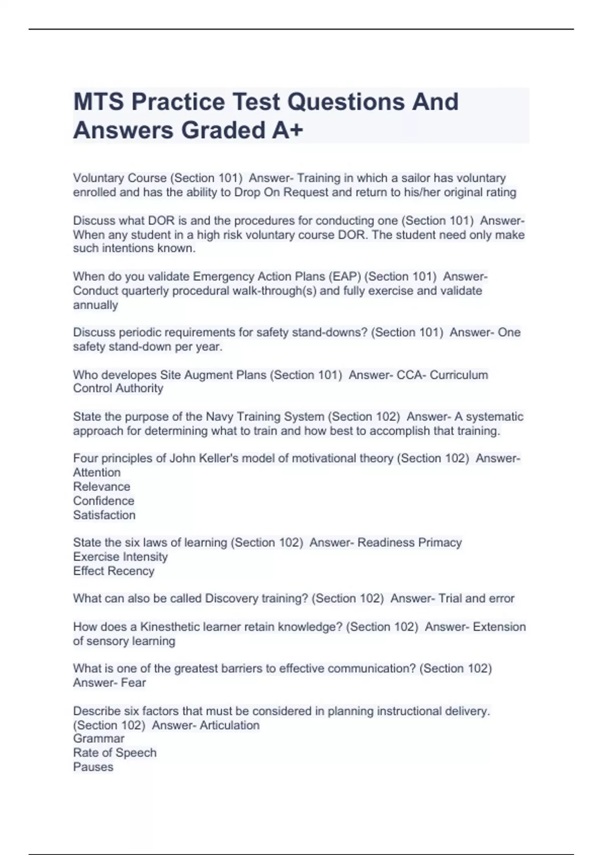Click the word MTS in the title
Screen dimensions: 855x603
click(98, 102)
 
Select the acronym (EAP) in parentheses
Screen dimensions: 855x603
click(344, 277)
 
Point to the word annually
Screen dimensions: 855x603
click(95, 305)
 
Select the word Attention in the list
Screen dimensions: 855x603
click(96, 473)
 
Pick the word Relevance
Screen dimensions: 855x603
click(102, 487)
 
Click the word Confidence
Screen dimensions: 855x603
click(104, 501)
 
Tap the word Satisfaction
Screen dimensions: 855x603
click(104, 515)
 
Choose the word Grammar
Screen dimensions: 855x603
click(98, 739)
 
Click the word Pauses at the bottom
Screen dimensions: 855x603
click(93, 767)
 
